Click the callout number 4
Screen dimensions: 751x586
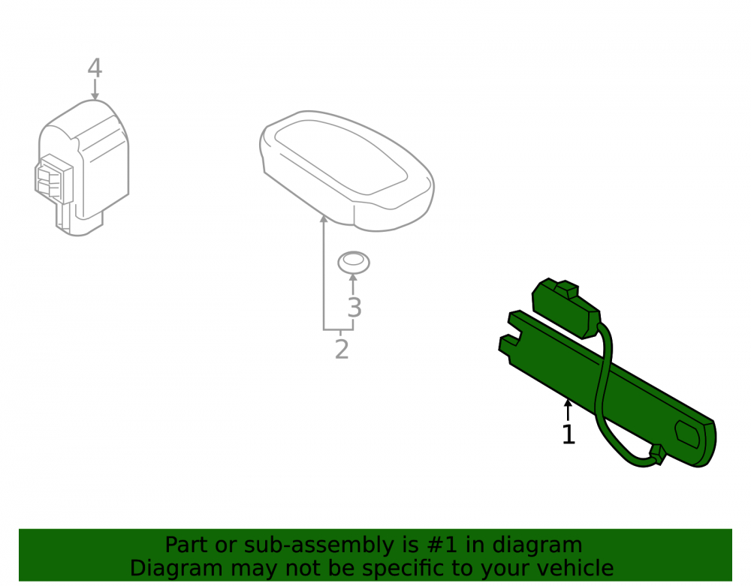(95, 68)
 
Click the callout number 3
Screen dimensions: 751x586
(354, 308)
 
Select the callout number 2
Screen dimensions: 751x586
(342, 349)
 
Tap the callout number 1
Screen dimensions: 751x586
(569, 434)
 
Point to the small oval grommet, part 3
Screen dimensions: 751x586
(354, 263)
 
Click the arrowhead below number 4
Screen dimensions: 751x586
(95, 96)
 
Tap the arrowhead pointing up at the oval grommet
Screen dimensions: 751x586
(354, 278)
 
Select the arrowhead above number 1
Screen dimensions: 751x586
(568, 403)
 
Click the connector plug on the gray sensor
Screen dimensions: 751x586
(53, 179)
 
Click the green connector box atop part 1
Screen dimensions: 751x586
(566, 307)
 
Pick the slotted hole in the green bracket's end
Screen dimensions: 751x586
(688, 434)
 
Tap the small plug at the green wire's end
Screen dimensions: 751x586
(656, 455)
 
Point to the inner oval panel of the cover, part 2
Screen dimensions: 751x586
(341, 156)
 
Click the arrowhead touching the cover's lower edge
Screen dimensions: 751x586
(324, 219)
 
